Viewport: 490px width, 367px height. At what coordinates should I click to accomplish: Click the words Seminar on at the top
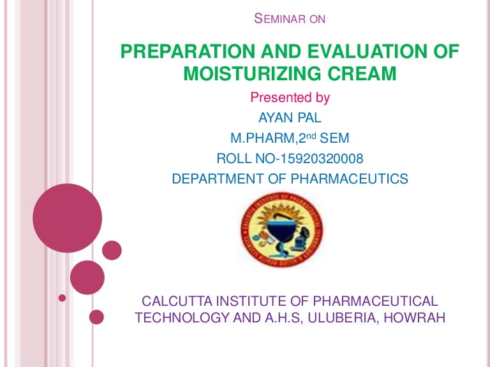pyautogui.click(x=290, y=19)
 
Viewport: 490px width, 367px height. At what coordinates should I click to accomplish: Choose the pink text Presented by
pyautogui.click(x=290, y=97)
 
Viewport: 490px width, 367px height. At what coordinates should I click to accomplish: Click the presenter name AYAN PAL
pyautogui.click(x=290, y=118)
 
